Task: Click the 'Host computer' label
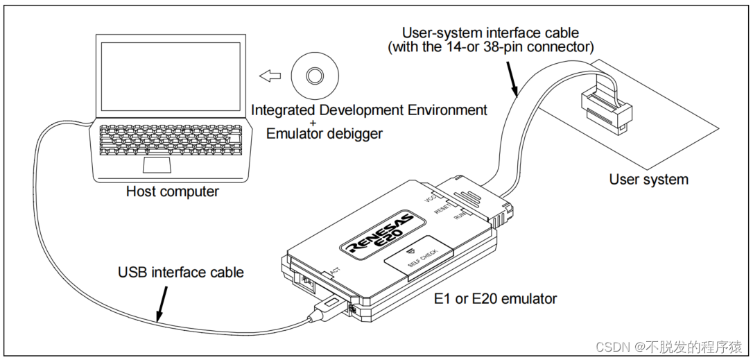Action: tap(172, 191)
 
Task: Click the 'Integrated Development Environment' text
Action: tap(369, 110)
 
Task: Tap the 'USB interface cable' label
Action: tap(180, 272)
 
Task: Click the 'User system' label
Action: tap(648, 180)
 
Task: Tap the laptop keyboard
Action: tap(171, 140)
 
